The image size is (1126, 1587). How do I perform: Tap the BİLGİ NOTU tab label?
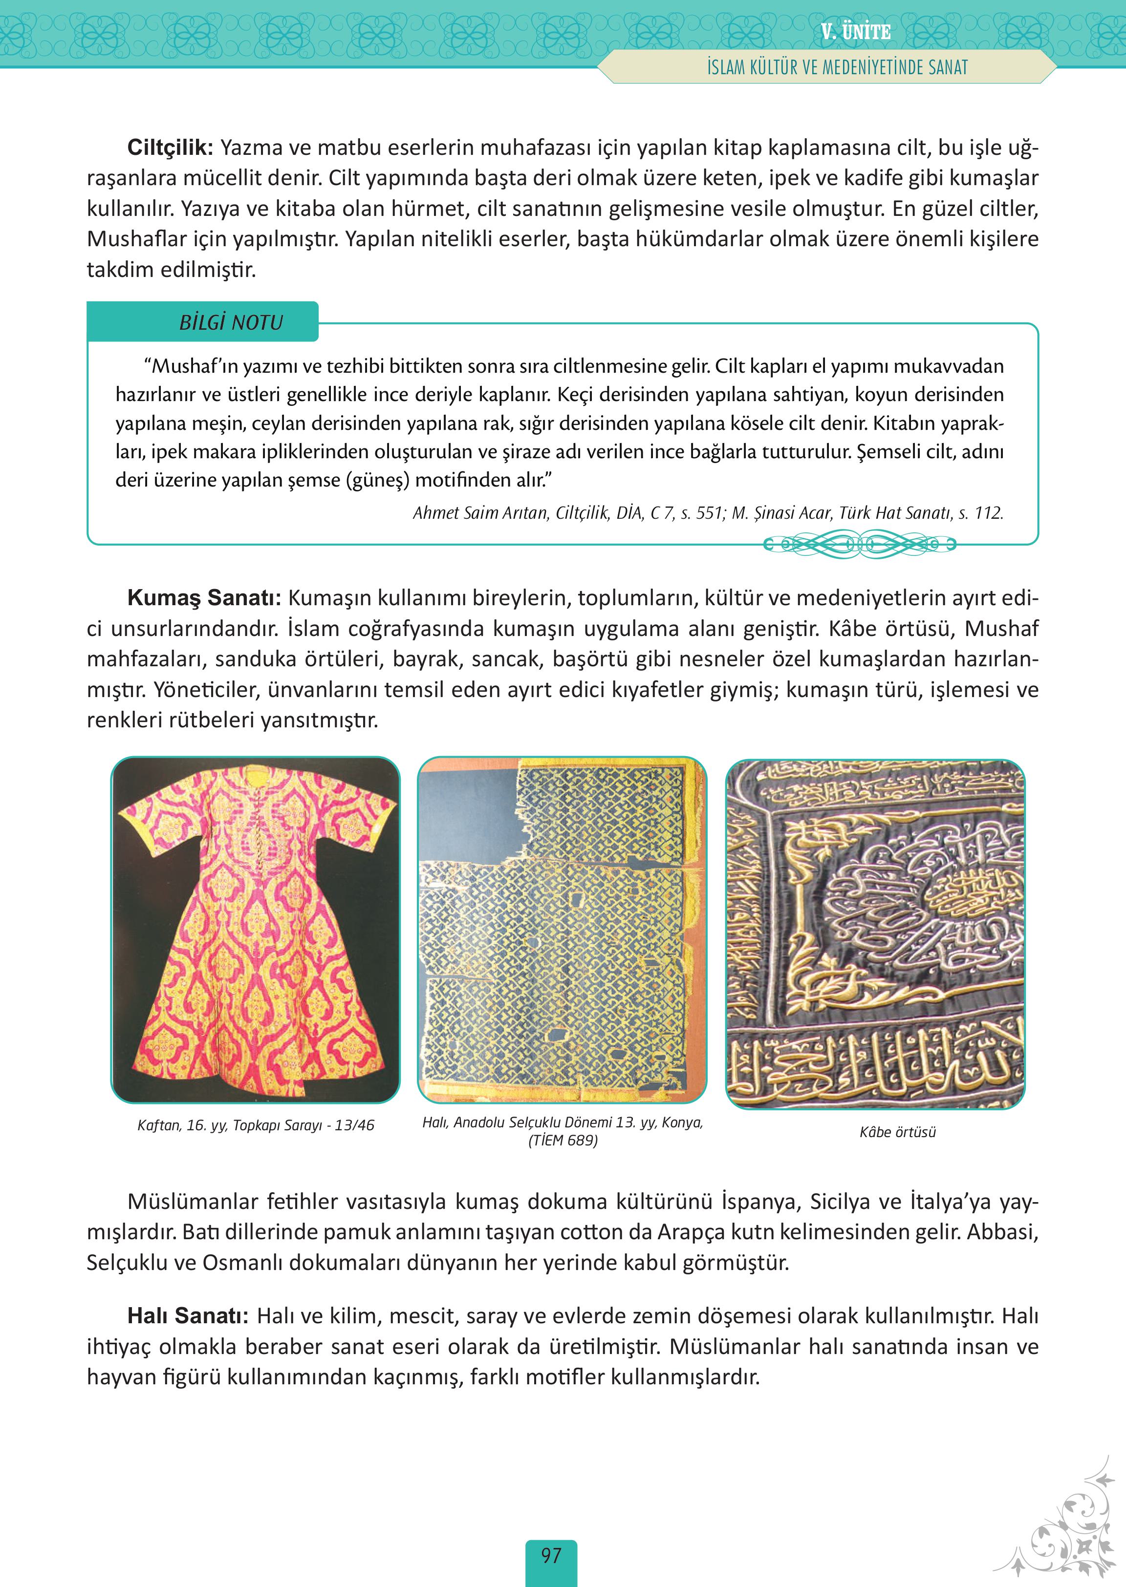point(231,323)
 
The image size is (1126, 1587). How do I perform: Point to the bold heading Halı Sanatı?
point(187,1316)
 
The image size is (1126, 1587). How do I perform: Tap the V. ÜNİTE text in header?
point(855,32)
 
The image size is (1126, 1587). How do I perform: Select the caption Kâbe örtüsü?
point(897,1132)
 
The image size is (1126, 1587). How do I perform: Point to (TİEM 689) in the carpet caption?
point(563,1140)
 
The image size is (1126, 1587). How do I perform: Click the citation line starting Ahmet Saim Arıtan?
point(707,513)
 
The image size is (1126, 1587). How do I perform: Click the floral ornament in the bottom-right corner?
point(1075,1524)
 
